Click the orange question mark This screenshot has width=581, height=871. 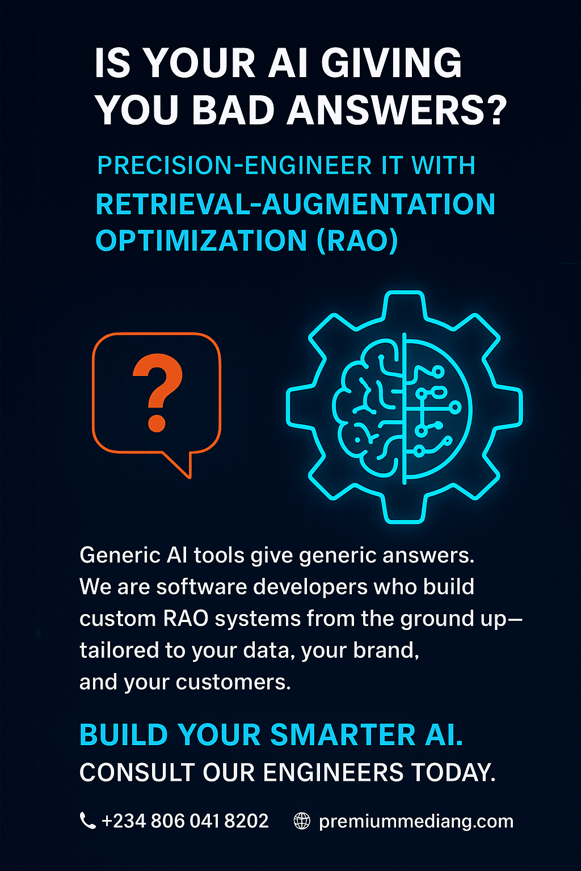coord(157,392)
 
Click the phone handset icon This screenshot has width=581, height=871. coord(87,821)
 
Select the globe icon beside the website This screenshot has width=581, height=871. coord(302,821)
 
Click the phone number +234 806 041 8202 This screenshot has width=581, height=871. coord(184,821)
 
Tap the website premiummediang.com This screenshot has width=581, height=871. coord(416,821)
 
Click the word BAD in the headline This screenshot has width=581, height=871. coord(234,110)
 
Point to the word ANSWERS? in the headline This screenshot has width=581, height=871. coord(397,110)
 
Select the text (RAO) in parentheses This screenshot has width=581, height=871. coord(357,240)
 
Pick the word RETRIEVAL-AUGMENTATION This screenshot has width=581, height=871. coord(295,204)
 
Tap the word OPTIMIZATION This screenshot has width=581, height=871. coord(201,240)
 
